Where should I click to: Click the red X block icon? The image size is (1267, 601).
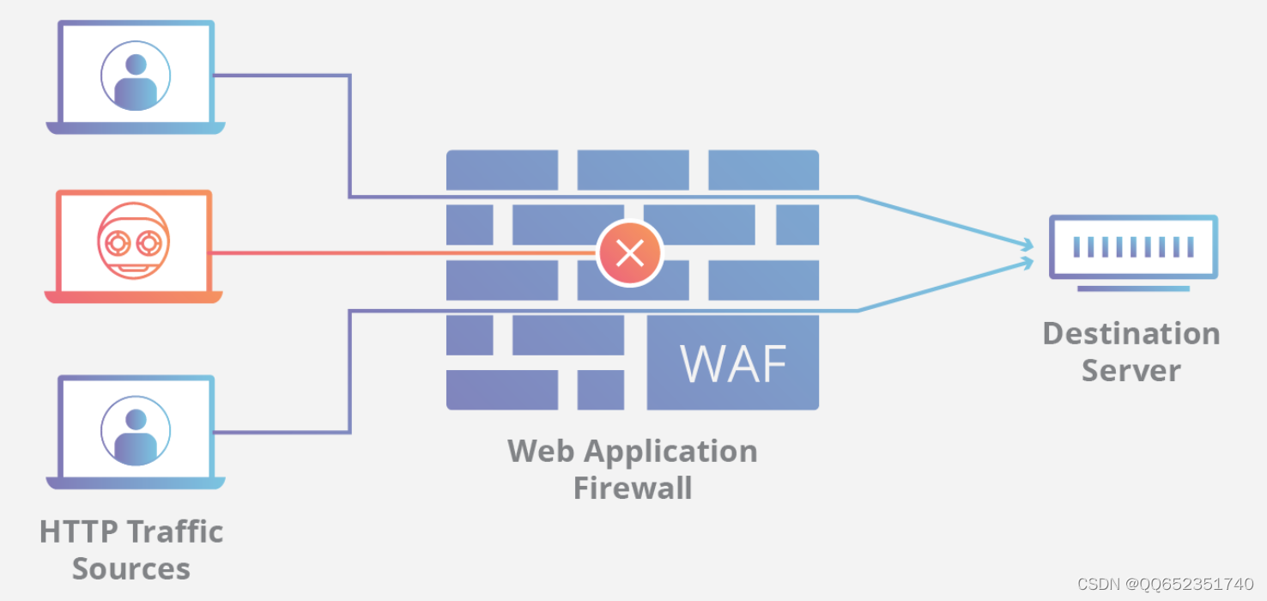coord(630,252)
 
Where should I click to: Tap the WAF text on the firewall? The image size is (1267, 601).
coord(733,363)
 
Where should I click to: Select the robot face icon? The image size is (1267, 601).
coord(133,240)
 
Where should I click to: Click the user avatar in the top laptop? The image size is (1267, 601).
coord(136,76)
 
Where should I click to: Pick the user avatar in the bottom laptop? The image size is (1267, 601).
coord(136,431)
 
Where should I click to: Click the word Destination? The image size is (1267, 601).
coord(1131,333)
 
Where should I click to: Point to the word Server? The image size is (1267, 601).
coord(1131,371)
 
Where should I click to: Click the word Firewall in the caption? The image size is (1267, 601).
coord(633,488)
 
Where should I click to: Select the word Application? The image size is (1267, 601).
coord(670,452)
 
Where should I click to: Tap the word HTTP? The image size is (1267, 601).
coord(79,532)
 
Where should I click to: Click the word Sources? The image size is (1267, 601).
coord(131,568)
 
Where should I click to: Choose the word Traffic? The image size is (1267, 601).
coord(175,531)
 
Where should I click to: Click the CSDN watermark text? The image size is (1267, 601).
coord(1165,584)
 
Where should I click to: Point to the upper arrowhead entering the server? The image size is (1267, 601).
coord(1028,245)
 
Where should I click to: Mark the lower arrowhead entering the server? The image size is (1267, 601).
coord(1028,263)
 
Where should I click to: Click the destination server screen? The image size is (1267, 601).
coord(1133,246)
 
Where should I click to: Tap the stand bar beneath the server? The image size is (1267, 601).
coord(1133,288)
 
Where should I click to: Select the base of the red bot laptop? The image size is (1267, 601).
coord(134,297)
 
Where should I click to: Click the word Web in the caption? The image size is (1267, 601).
coord(541,451)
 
